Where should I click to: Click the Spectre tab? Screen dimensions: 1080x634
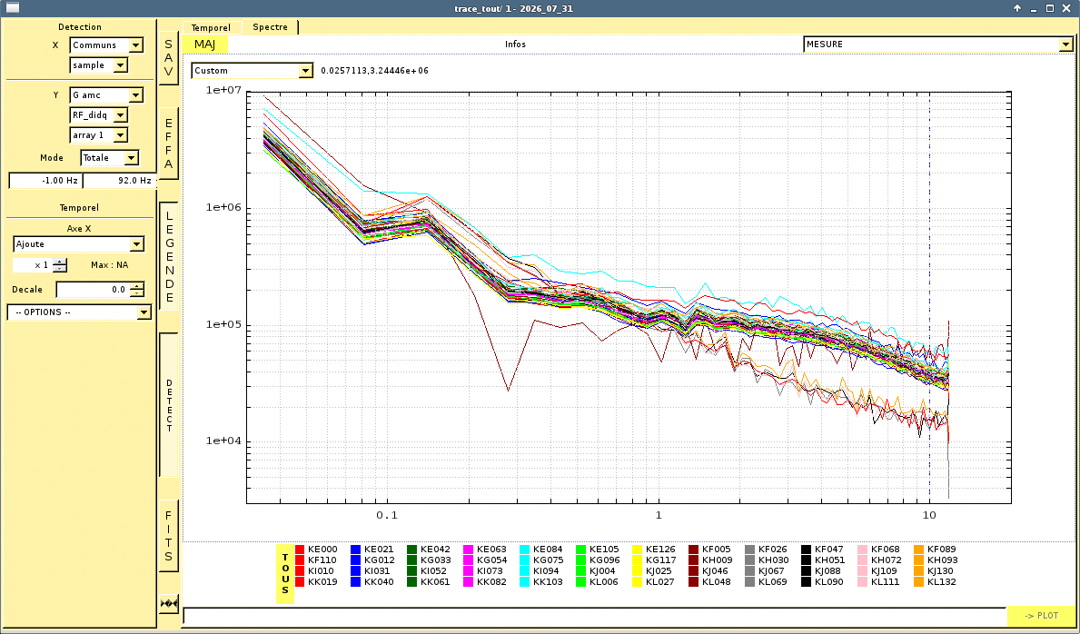click(270, 27)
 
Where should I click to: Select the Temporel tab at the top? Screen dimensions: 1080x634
click(211, 27)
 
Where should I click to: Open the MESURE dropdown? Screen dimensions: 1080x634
click(938, 45)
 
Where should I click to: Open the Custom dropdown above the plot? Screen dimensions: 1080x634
click(253, 70)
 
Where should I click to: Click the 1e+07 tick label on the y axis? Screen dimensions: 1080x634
click(223, 90)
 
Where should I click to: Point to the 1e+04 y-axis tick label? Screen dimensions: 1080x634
click(223, 441)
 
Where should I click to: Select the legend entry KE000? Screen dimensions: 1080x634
click(317, 550)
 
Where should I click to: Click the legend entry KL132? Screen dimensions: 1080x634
click(935, 581)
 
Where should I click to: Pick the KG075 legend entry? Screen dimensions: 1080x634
click(541, 560)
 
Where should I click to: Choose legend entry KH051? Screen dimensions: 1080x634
click(822, 560)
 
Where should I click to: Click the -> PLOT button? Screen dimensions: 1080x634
click(1041, 616)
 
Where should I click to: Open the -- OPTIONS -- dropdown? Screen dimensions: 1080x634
click(79, 312)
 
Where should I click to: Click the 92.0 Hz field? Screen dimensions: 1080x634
click(119, 181)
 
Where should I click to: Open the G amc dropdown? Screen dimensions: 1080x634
click(106, 95)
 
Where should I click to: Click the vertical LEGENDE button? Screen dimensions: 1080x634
click(169, 255)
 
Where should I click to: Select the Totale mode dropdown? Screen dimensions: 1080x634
click(110, 158)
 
